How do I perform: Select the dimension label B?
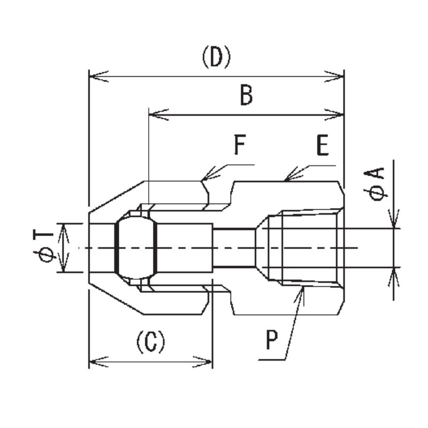tap(246, 97)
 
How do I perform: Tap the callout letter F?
tap(240, 145)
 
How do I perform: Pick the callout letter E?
tap(322, 146)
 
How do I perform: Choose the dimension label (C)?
tap(150, 341)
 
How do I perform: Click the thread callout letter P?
tap(273, 340)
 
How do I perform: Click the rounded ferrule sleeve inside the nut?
tap(136, 247)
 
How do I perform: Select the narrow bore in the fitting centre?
tap(234, 247)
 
